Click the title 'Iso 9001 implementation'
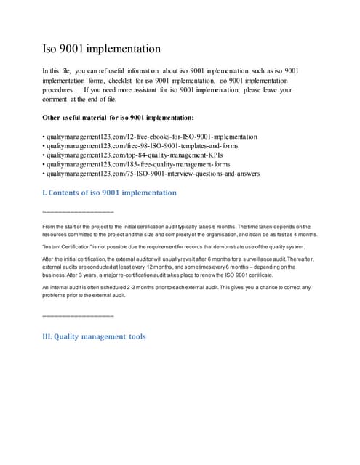tap(102, 49)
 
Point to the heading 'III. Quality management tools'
tap(95, 336)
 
